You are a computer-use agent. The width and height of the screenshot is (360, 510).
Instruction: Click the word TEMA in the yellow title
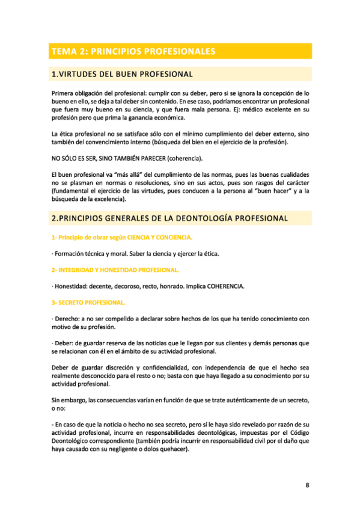click(63, 52)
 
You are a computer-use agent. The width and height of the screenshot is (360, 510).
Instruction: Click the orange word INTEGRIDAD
click(81, 269)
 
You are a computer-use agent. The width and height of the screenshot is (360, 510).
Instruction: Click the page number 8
click(307, 486)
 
